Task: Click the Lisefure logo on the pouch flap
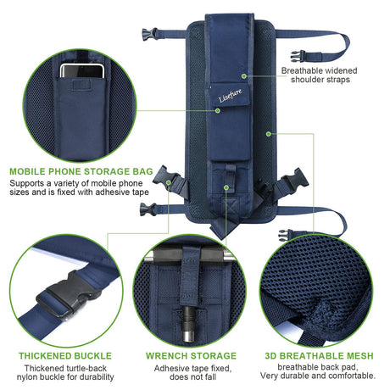231,96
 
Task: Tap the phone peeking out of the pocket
82,71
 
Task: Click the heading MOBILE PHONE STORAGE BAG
81,171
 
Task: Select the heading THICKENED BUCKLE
65,355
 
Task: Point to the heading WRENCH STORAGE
191,355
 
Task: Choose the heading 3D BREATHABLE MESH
319,355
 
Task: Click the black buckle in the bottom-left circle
66,294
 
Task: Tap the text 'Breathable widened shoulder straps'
320,75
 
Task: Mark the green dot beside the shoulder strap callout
244,75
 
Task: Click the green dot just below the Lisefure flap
218,110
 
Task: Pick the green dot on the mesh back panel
269,134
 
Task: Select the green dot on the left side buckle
169,182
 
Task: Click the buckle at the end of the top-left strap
149,34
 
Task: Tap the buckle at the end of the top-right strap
298,56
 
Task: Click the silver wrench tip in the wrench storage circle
189,336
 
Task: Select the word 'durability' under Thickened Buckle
97,377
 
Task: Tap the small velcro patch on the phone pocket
81,85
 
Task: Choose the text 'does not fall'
193,377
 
